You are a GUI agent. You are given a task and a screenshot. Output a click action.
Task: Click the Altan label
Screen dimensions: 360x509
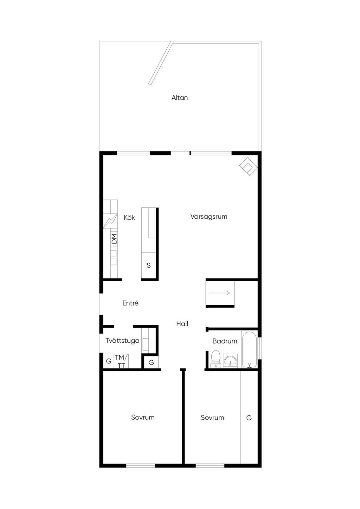point(180,98)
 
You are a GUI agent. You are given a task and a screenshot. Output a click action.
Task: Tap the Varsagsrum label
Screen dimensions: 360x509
point(209,217)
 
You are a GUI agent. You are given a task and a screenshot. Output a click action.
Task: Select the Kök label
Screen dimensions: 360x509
point(129,218)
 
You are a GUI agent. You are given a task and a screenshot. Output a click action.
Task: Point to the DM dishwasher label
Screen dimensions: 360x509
point(115,239)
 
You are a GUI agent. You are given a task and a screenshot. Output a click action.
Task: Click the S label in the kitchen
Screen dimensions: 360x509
point(149,265)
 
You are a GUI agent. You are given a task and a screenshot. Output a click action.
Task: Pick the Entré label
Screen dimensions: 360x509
point(130,303)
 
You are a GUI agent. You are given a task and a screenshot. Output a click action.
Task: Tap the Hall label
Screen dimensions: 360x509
point(182,324)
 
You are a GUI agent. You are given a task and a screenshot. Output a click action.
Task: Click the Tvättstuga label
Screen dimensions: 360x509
point(122,341)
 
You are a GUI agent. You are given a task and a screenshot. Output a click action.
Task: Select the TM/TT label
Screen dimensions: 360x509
point(121,361)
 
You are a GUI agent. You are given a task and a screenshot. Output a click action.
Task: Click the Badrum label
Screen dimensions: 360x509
point(225,341)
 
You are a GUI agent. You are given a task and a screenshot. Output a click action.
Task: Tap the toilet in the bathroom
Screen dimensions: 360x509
point(216,359)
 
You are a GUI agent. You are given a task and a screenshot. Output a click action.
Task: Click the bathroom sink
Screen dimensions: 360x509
point(231,360)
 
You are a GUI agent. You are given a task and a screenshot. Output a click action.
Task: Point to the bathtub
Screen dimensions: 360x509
point(250,350)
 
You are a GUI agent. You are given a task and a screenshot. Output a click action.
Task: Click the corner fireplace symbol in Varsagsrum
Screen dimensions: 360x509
point(249,167)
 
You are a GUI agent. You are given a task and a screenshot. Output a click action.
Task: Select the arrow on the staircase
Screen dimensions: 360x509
point(219,293)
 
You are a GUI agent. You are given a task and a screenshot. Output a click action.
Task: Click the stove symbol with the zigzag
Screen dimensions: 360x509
point(110,221)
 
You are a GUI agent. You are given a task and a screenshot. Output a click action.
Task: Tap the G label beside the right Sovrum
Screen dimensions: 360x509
point(249,417)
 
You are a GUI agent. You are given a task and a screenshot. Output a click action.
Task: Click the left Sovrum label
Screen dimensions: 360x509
point(143,417)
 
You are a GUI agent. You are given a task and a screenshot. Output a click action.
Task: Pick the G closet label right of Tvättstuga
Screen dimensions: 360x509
point(151,362)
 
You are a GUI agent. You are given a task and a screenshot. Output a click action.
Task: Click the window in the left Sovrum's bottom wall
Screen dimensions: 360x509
point(141,466)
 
